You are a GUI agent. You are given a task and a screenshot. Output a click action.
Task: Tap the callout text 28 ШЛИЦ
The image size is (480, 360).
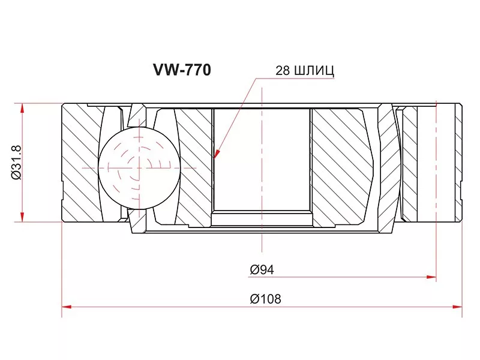(x=304, y=71)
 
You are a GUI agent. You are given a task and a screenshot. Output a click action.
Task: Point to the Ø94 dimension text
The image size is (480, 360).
(x=262, y=270)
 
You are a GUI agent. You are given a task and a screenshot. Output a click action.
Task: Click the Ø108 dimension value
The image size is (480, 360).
(x=265, y=298)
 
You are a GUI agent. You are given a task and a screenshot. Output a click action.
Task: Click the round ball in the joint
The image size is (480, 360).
(x=139, y=167)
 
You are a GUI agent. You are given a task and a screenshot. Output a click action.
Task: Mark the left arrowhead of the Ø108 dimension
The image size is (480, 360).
(x=66, y=307)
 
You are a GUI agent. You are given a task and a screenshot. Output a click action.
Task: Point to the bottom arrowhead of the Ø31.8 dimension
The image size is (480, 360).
(x=23, y=217)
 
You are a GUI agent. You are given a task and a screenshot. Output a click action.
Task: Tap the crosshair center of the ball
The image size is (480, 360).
(x=139, y=167)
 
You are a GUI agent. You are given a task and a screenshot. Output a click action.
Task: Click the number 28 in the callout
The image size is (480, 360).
(x=283, y=71)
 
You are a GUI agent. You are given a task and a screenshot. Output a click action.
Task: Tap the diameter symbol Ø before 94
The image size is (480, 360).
(x=254, y=270)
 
